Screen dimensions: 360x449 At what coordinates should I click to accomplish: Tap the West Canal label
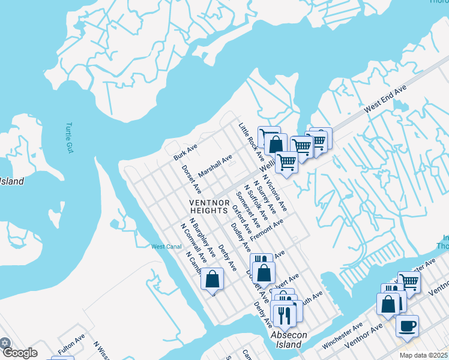[x=166, y=247]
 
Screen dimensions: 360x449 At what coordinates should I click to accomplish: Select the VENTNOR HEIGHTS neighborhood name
[x=209, y=206]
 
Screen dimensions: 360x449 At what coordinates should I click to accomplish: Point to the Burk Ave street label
[x=185, y=152]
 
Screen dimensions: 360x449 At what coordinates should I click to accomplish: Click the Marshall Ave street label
[x=215, y=166]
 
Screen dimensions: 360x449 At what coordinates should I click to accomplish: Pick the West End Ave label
[x=385, y=97]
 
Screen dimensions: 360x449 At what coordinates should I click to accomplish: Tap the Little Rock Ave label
[x=252, y=142]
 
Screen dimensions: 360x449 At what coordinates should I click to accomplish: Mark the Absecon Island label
[x=285, y=340]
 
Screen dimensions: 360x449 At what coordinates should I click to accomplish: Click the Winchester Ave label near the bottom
[x=343, y=335]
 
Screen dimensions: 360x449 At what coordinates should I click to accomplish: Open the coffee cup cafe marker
[x=407, y=326]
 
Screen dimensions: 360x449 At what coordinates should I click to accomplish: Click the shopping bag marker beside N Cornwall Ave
[x=212, y=279]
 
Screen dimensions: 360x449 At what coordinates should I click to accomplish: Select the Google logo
[x=20, y=353]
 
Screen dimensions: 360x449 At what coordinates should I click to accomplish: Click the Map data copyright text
[x=423, y=355]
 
